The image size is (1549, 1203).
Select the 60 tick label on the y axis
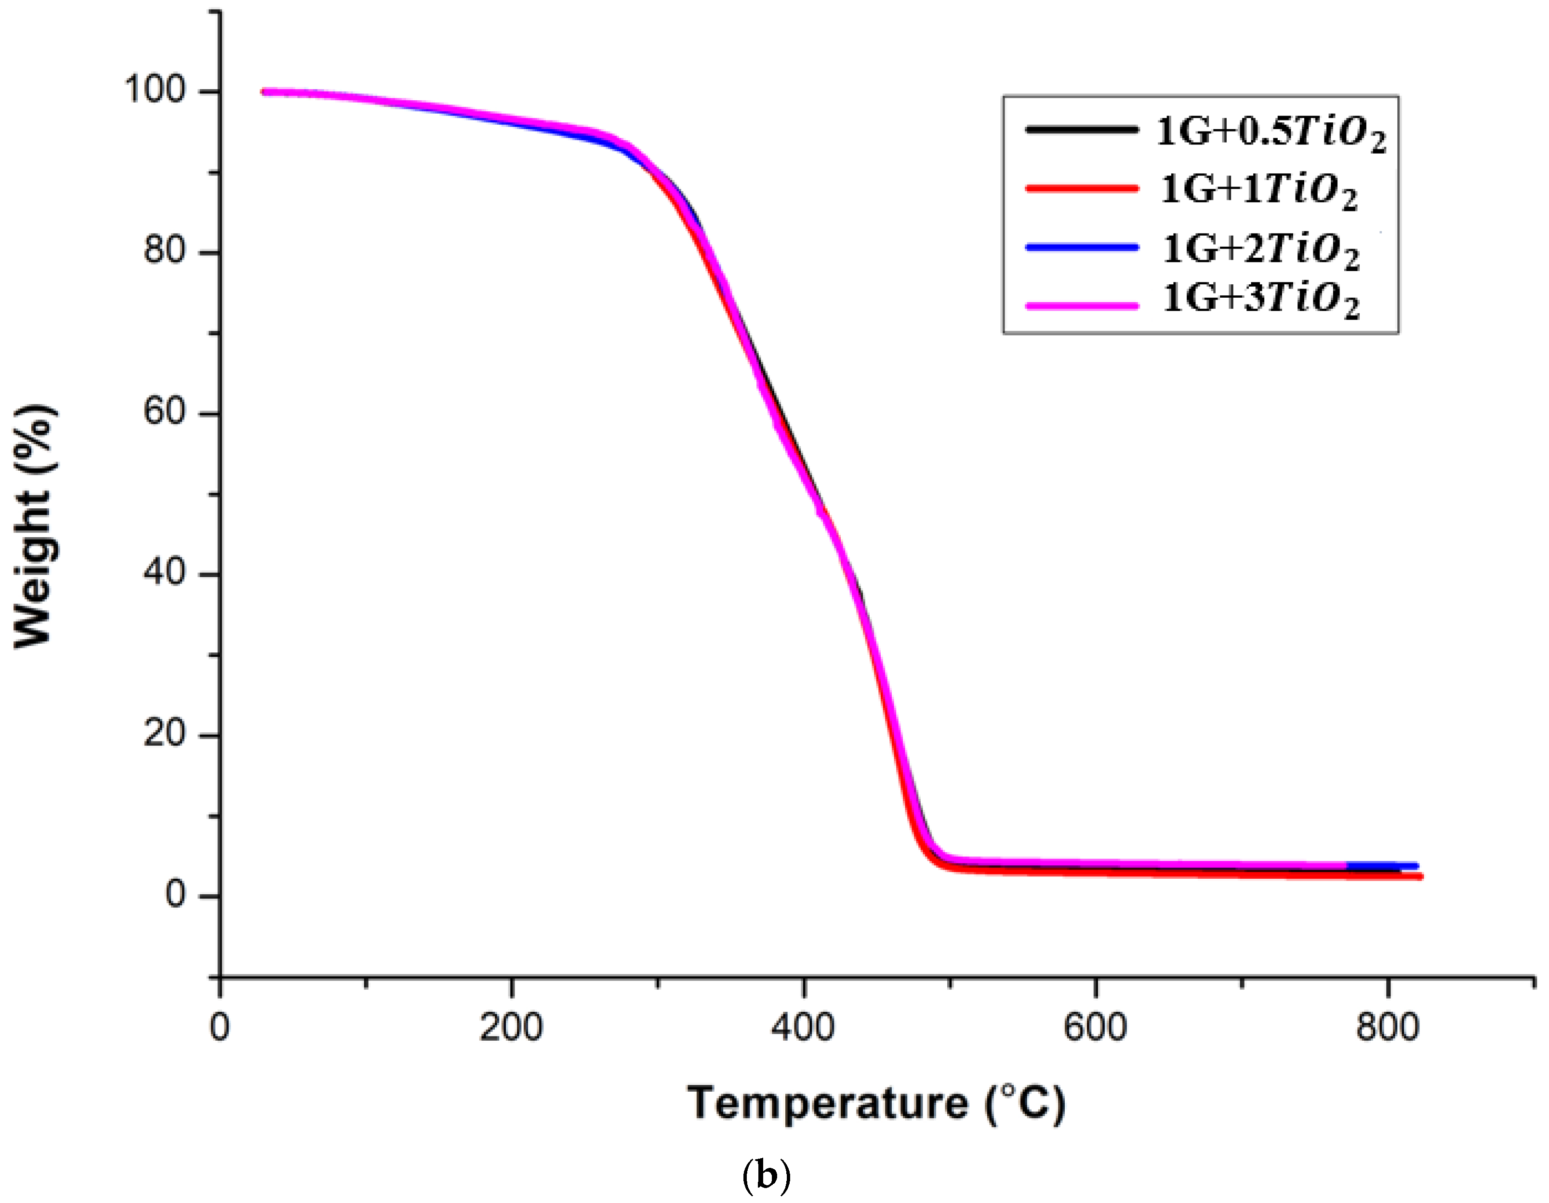[165, 411]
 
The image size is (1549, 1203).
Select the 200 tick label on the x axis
[511, 1027]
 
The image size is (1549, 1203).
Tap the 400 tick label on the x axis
[803, 1027]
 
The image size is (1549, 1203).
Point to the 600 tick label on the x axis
[1095, 1027]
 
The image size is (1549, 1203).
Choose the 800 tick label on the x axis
[1387, 1027]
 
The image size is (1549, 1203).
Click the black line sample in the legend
[1082, 129]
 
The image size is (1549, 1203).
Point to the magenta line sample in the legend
[1082, 306]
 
